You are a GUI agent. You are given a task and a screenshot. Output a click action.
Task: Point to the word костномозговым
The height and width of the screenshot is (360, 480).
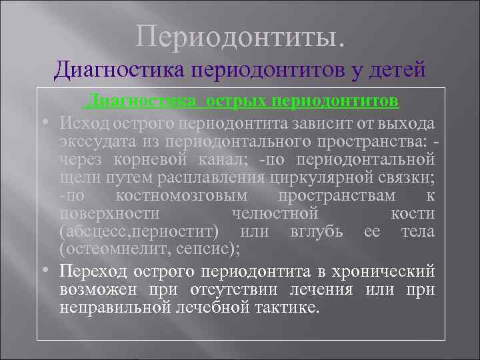point(181,195)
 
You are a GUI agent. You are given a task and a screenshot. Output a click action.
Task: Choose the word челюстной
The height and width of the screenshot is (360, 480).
point(275,213)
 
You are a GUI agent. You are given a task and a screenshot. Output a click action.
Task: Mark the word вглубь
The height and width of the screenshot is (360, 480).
point(317,231)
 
